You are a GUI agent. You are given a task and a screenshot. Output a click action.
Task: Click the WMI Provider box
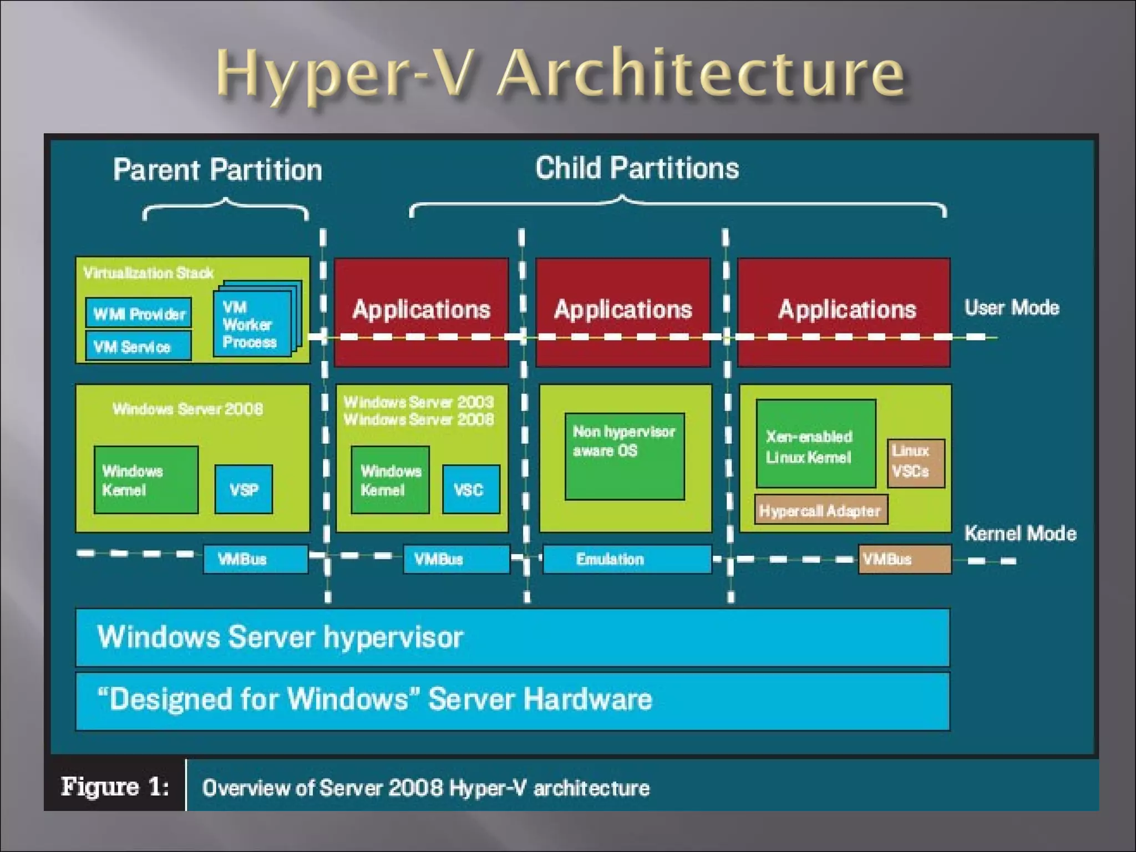[139, 313]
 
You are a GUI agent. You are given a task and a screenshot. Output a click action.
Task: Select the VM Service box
[138, 346]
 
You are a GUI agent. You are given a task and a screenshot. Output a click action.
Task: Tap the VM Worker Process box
[253, 324]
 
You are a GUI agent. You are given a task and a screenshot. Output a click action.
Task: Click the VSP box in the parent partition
[244, 489]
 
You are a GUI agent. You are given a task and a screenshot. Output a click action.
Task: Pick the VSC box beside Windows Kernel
[470, 489]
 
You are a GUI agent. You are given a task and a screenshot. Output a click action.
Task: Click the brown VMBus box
[904, 559]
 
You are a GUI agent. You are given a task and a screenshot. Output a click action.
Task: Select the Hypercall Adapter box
[820, 510]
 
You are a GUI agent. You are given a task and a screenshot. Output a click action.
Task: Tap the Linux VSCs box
[915, 463]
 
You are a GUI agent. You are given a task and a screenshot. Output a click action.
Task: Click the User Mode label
[1012, 307]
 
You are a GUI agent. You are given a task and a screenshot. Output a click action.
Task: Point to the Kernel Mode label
[1020, 533]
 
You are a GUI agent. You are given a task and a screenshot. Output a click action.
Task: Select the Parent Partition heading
[217, 169]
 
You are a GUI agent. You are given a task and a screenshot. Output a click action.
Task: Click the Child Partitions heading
[637, 168]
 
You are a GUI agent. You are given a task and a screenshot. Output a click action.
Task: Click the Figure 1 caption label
[115, 787]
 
